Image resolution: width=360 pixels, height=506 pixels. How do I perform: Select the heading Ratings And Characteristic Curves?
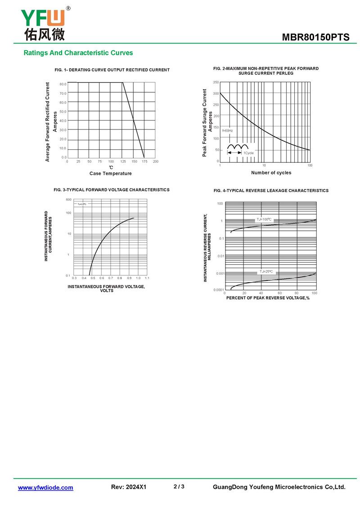[78, 53]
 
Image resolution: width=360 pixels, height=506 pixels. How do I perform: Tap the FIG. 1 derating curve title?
[112, 70]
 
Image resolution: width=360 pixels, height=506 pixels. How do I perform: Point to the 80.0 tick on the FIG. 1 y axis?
[63, 84]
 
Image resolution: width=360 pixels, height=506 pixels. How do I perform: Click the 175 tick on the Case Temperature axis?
[145, 161]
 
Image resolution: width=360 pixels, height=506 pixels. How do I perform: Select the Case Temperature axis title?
[111, 174]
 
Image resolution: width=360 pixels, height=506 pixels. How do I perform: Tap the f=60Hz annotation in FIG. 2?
[227, 130]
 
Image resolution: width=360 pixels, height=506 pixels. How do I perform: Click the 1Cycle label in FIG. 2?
[248, 153]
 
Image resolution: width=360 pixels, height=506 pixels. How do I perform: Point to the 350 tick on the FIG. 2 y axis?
[216, 82]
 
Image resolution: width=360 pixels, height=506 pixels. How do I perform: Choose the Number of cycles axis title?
[271, 173]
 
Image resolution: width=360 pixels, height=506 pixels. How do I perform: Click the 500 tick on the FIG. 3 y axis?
[69, 199]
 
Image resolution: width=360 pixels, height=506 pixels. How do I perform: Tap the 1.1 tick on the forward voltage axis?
[147, 278]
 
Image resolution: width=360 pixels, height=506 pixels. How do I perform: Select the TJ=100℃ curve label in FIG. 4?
[264, 219]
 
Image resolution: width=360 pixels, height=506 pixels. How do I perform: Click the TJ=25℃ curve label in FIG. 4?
[265, 272]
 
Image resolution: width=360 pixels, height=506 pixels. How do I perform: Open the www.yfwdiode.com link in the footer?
[45, 488]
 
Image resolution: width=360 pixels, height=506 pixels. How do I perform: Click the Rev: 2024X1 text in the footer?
[129, 487]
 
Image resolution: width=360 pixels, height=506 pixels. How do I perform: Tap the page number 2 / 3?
[179, 487]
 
